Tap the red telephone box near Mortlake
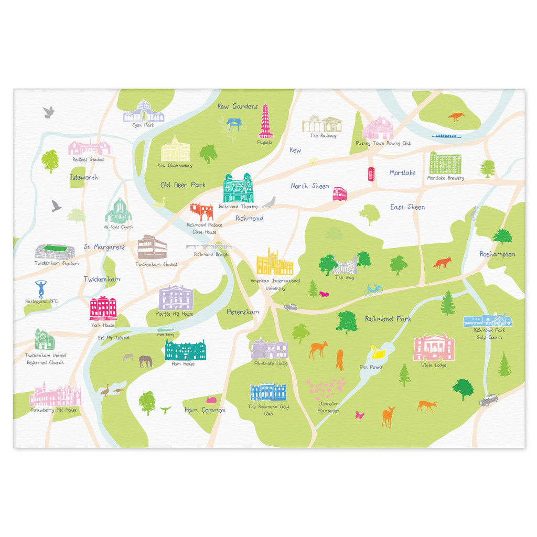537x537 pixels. point(371,174)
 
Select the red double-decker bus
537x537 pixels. point(340,194)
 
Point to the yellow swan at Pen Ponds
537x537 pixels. point(377,351)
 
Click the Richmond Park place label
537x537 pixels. point(388,319)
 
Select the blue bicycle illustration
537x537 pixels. point(373,289)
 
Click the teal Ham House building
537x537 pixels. point(186,350)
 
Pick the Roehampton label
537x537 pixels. point(497,254)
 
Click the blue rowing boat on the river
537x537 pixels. point(450,136)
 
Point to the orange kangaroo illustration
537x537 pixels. point(456,116)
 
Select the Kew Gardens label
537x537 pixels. point(238,106)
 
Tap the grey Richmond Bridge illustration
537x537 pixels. point(209,246)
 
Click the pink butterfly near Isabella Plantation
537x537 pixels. point(360,415)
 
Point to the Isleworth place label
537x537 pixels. point(84,177)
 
